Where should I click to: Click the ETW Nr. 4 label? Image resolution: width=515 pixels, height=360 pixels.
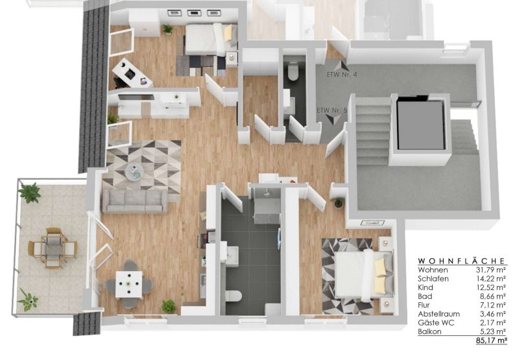tap(342, 75)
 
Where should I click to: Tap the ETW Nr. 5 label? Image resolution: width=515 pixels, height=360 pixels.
tap(331, 110)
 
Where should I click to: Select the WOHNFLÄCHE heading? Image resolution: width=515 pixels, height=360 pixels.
tap(461, 261)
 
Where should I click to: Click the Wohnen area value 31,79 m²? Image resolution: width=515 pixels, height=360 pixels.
tap(491, 270)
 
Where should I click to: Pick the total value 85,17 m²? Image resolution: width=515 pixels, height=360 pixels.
tap(491, 341)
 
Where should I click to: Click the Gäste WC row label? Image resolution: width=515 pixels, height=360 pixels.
tap(436, 322)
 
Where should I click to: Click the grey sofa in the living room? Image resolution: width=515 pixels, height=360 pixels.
tap(135, 201)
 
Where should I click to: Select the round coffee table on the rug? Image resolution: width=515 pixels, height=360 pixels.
tap(134, 171)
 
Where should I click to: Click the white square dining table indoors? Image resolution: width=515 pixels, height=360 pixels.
tap(129, 284)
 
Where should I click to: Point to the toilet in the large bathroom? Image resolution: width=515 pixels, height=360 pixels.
tap(234, 296)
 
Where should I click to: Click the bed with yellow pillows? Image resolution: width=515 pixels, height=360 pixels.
tap(363, 274)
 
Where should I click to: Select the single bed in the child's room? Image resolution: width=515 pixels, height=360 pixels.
tap(210, 40)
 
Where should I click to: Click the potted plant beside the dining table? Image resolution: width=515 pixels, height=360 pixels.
tap(169, 306)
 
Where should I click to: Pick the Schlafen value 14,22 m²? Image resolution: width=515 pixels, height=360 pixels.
tap(491, 279)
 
